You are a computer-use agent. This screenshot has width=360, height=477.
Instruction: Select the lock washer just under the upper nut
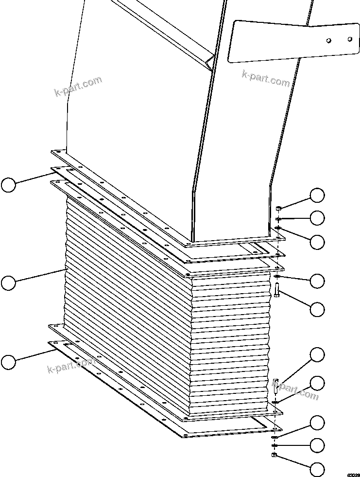(277, 219)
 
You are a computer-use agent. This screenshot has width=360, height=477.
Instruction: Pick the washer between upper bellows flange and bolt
(276, 277)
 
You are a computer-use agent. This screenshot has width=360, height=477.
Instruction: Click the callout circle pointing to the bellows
(8, 283)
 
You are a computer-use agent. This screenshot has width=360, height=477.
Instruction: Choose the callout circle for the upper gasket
(8, 185)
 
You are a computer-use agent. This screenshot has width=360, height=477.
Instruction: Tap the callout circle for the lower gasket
(8, 362)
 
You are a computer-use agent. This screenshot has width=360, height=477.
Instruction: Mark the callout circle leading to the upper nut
(317, 195)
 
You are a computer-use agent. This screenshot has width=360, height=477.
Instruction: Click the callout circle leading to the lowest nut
(317, 469)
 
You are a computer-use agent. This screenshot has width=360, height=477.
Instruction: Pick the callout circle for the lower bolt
(317, 355)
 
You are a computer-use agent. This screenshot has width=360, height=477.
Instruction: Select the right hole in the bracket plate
(350, 37)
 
